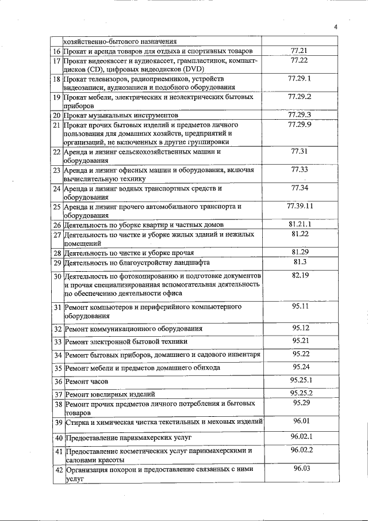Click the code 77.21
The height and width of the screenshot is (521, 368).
[x=300, y=51]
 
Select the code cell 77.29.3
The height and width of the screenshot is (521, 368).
[x=300, y=115]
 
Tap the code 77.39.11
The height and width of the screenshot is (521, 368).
[x=300, y=206]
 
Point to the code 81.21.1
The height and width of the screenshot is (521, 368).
[x=300, y=223]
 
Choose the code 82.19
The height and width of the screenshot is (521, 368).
[x=300, y=275]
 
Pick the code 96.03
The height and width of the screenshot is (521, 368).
[x=301, y=468]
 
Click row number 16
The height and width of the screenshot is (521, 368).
[x=57, y=51]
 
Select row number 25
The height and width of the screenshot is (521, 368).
[x=57, y=206]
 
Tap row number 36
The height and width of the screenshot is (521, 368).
[x=57, y=381]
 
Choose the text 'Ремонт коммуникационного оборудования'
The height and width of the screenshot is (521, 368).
[x=133, y=329]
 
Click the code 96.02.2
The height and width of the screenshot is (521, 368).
[x=301, y=450]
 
